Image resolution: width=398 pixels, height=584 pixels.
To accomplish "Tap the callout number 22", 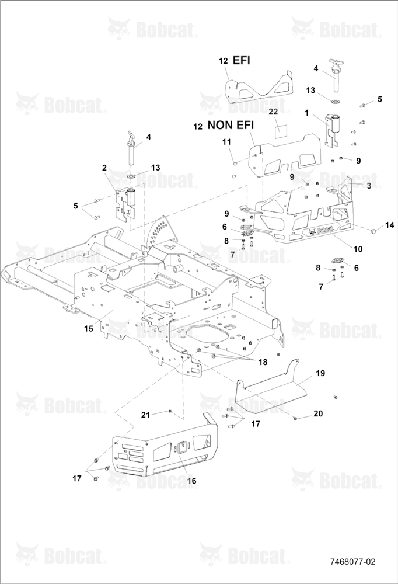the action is (x=273, y=112).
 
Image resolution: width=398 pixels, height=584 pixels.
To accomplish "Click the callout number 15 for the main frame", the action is (x=88, y=328).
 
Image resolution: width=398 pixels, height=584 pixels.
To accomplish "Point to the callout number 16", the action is (x=191, y=481).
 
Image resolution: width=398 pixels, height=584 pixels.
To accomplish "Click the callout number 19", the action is (x=320, y=373).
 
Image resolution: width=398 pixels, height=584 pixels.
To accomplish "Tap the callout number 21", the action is (x=145, y=415).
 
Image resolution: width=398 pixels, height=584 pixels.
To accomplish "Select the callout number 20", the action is (x=318, y=413).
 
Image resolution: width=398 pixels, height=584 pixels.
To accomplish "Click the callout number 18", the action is (x=263, y=362).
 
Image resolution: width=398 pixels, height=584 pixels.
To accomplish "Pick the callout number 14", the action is (x=389, y=225).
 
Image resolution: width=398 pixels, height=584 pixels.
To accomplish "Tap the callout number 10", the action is (x=358, y=249).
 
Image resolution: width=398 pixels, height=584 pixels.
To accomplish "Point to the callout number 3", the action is (x=369, y=186).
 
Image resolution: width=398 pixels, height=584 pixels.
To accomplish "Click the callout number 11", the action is (x=226, y=142).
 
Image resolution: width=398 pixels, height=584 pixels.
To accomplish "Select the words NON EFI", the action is (x=231, y=125).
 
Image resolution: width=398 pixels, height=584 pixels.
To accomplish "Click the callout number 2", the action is (x=104, y=168).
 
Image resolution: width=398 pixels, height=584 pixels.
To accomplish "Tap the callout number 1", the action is (x=306, y=113).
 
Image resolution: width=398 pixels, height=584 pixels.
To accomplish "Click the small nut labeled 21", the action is (x=170, y=411).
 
